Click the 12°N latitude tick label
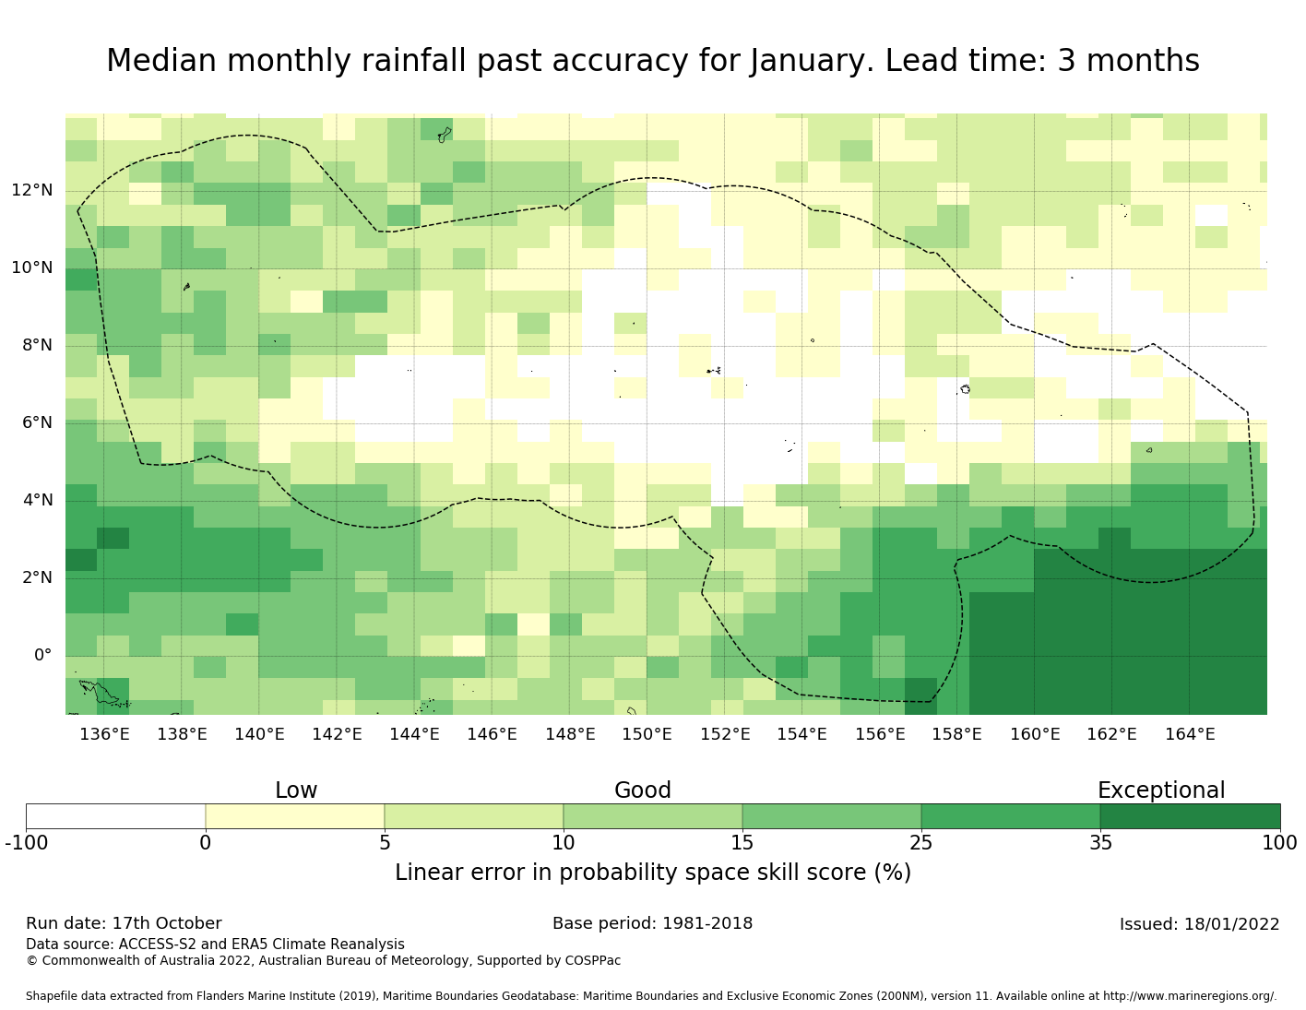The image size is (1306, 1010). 32,191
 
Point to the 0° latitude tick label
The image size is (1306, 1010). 43,656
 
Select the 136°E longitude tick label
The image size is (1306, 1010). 104,734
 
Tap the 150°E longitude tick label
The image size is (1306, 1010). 647,734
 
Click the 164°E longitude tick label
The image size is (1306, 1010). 1190,734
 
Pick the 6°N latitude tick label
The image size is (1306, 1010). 37,423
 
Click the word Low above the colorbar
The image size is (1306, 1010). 296,790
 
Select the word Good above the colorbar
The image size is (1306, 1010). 643,790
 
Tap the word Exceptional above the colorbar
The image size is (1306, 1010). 1160,790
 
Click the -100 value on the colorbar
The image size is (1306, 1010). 26,842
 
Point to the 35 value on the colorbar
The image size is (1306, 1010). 1100,842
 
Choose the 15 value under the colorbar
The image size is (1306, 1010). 742,842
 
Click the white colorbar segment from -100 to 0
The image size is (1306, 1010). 115,816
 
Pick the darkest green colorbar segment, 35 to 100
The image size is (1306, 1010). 1190,816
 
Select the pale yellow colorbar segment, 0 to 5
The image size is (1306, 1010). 294,816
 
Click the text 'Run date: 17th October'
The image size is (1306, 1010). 124,923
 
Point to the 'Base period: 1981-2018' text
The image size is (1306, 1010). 652,923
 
